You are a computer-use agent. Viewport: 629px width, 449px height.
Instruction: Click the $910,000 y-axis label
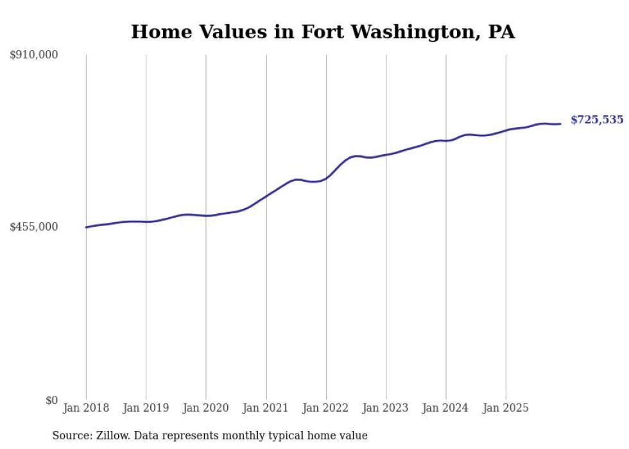click(34, 55)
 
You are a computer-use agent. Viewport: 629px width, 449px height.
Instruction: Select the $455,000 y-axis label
click(34, 227)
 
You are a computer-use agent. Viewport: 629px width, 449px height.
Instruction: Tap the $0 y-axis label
click(51, 400)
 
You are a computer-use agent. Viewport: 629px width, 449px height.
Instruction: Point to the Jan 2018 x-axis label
click(86, 408)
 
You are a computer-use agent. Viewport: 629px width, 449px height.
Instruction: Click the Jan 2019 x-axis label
click(146, 408)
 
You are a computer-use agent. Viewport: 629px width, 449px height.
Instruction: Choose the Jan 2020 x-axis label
click(206, 408)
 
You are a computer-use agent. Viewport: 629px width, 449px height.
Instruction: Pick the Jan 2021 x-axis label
click(266, 408)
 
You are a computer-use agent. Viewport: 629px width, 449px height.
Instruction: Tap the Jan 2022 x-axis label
click(326, 408)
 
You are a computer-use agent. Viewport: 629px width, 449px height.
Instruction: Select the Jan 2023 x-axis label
click(386, 408)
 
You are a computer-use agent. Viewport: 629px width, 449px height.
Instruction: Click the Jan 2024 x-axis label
click(446, 408)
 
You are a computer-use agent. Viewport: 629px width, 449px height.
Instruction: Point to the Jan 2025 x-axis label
click(506, 408)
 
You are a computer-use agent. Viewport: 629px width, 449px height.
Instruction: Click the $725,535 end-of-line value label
click(597, 120)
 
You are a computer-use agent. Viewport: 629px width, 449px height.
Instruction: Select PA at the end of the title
click(501, 32)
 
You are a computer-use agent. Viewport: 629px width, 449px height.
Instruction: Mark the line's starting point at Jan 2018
click(86, 227)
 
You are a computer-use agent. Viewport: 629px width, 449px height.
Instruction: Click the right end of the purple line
click(561, 124)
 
